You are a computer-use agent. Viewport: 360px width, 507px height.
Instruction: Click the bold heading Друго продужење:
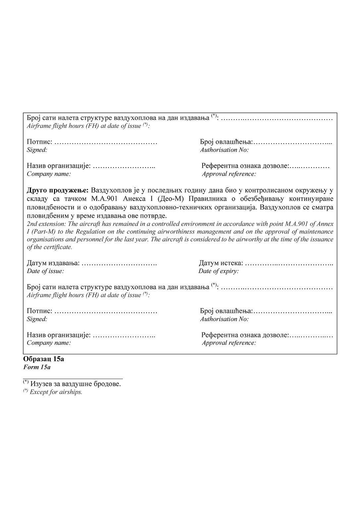(58, 191)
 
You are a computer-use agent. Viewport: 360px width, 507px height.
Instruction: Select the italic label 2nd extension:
(46, 224)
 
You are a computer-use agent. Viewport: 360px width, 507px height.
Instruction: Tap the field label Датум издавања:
(53, 263)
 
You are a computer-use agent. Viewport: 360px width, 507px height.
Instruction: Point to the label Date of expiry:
(219, 271)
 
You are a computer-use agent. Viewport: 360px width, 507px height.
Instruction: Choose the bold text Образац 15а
(43, 359)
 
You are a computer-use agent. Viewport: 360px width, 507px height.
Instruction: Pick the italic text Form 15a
(37, 367)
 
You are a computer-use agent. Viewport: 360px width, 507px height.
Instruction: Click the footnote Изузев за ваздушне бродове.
(76, 384)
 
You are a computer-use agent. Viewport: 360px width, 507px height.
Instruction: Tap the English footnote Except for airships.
(56, 392)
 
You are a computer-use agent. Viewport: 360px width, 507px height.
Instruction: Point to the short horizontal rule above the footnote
(73, 378)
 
